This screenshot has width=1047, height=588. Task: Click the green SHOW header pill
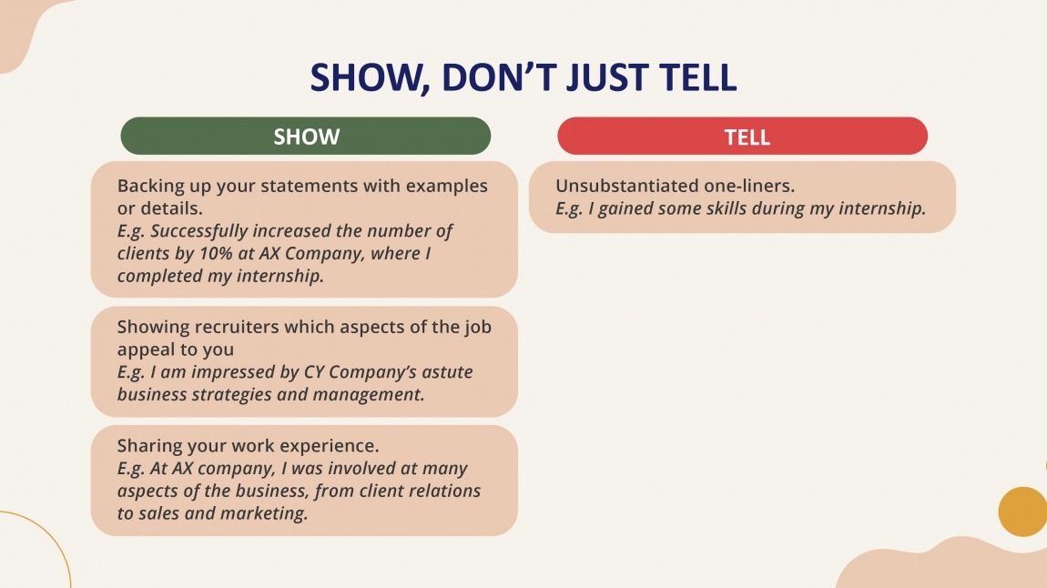click(x=306, y=137)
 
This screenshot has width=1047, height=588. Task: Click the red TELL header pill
click(x=743, y=137)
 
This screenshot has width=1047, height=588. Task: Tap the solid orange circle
click(x=1022, y=512)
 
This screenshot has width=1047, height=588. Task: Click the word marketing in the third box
click(x=269, y=514)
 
